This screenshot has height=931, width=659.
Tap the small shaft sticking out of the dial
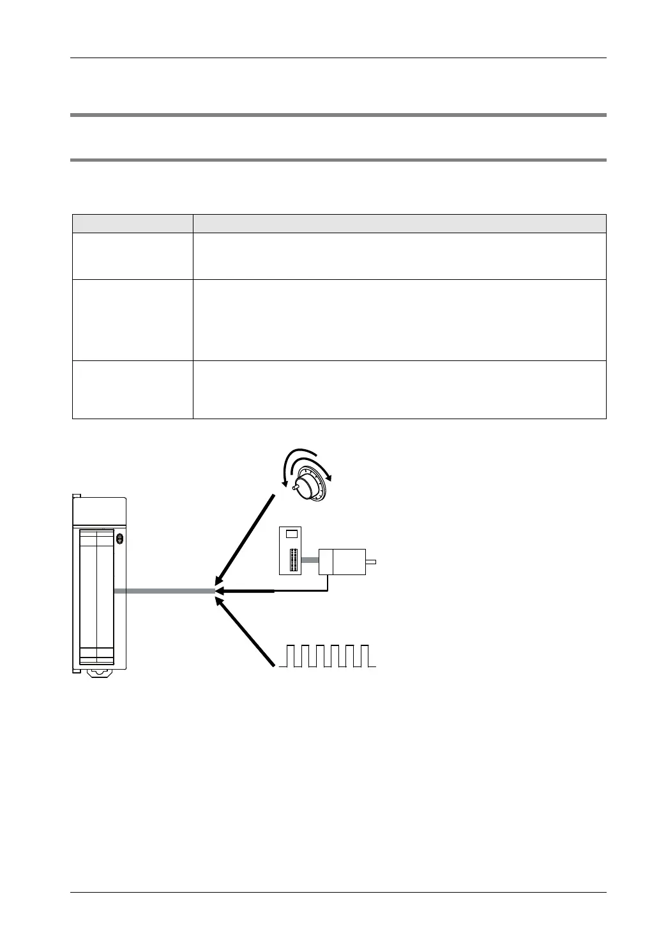point(295,488)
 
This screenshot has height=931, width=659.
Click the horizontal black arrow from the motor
point(246,591)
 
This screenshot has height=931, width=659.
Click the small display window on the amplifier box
point(292,533)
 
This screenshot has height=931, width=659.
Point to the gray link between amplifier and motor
point(311,560)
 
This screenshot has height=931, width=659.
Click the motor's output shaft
point(371,562)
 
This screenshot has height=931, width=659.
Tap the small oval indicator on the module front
point(119,538)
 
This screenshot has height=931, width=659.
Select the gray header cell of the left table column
point(132,224)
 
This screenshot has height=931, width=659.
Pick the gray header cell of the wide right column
point(399,224)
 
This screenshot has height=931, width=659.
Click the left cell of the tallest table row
point(132,319)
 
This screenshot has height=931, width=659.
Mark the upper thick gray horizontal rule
point(337,115)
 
